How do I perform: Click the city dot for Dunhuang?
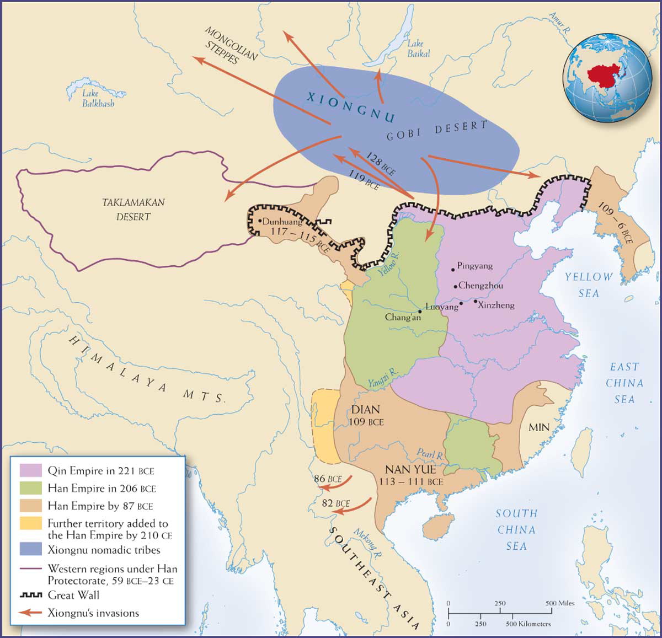pos(260,221)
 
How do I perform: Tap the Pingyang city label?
pos(474,266)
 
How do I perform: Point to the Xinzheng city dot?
pos(475,301)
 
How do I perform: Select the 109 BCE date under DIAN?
pos(366,422)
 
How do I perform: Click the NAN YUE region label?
pos(410,470)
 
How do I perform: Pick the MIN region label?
pos(538,427)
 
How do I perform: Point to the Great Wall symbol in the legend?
pos(31,596)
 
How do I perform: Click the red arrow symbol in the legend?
pos(31,613)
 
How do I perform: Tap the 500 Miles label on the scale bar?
pos(560,603)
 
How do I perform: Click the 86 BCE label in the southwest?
pos(328,479)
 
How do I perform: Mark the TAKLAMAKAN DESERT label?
pos(133,210)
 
